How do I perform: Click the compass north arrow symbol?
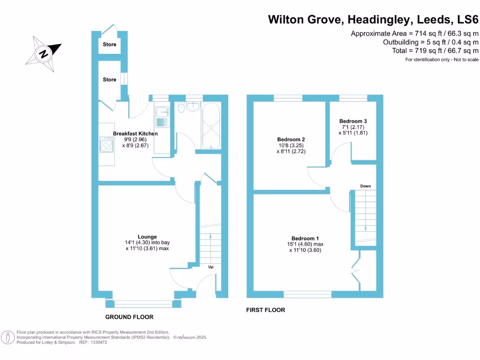tap(44, 53)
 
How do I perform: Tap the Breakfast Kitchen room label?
tap(135, 134)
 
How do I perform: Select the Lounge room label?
tap(147, 237)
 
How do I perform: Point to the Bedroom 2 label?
tap(291, 140)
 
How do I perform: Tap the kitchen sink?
tap(162, 116)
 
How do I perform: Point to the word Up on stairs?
tap(211, 267)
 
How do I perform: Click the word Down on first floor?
tap(366, 186)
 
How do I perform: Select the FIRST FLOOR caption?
tap(266, 310)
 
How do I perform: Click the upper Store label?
tap(109, 45)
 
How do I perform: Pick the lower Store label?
tap(109, 80)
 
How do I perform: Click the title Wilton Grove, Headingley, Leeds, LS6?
tap(373, 20)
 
